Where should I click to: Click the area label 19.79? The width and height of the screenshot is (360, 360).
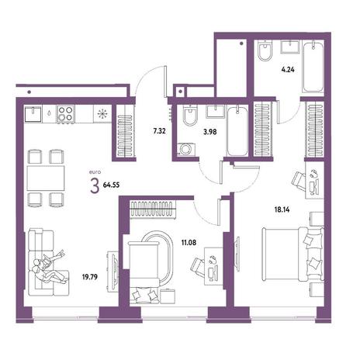tap(90, 277)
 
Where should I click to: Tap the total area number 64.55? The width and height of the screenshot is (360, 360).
tap(111, 185)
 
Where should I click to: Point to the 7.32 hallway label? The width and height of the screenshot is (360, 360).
tap(159, 131)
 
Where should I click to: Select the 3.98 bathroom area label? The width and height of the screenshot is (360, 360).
tap(210, 132)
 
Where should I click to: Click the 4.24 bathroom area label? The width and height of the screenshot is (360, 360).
tap(288, 70)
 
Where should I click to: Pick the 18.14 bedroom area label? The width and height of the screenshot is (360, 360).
tap(282, 209)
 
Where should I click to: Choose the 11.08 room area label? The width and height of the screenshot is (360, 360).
tap(189, 243)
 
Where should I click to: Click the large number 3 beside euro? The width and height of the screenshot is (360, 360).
tap(95, 186)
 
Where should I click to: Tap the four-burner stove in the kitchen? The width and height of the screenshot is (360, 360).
tap(65, 114)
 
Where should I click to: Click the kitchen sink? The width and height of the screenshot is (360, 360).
tap(33, 114)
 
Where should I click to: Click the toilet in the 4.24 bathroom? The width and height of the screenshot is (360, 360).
tap(265, 51)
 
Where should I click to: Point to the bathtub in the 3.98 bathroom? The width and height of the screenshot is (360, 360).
tap(237, 131)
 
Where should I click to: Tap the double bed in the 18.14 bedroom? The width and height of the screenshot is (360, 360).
tap(292, 254)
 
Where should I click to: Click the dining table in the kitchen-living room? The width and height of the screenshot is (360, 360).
tap(46, 178)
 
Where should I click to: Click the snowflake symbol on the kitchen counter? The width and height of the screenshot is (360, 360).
tap(102, 114)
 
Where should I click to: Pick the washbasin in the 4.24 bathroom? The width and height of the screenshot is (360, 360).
tap(290, 47)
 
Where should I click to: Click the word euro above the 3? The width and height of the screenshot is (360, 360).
tap(95, 171)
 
